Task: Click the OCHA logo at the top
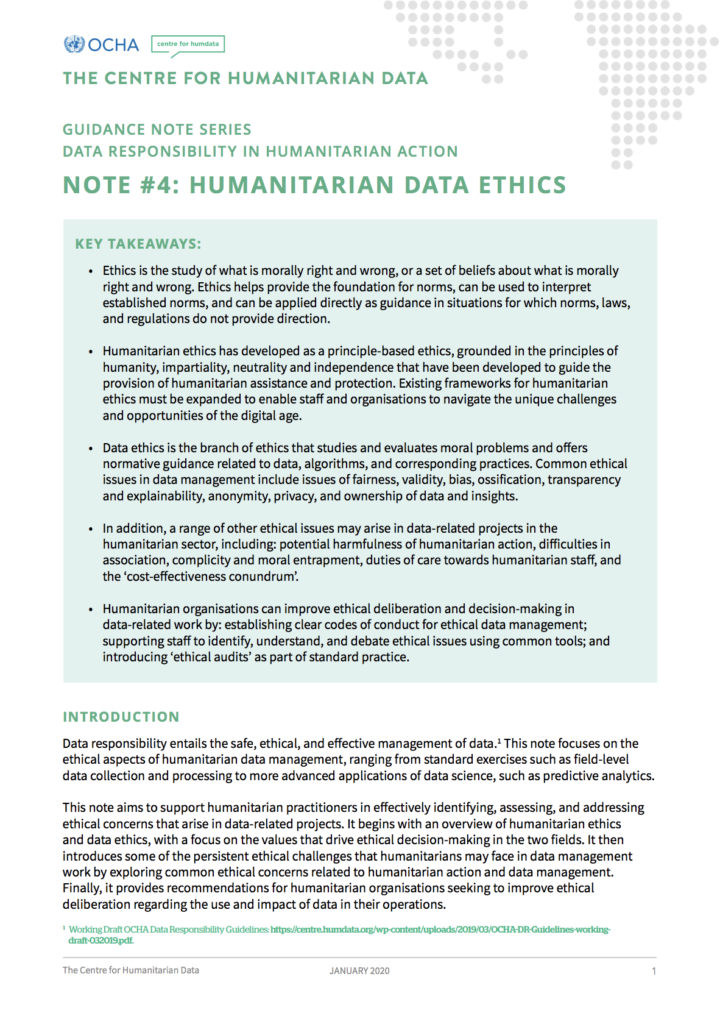[x=101, y=44]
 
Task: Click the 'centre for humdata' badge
[x=187, y=44]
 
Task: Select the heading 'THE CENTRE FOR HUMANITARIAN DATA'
[x=245, y=79]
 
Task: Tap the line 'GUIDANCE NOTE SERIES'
[x=157, y=130]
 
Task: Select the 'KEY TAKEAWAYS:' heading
[x=138, y=243]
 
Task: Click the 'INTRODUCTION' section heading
[x=121, y=717]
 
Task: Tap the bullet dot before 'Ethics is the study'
[x=91, y=272]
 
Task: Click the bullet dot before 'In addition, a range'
[x=91, y=529]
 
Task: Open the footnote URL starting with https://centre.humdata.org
[x=440, y=929]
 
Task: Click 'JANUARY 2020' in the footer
[x=359, y=971]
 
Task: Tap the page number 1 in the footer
[x=653, y=971]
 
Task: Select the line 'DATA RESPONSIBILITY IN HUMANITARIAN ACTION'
[x=260, y=152]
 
